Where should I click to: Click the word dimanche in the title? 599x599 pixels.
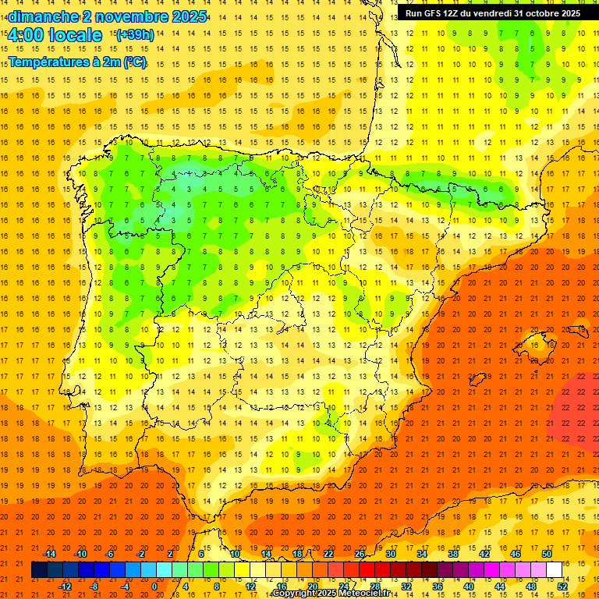(x=42, y=16)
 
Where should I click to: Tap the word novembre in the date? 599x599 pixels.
(x=131, y=16)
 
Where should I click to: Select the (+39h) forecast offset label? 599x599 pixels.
(x=134, y=35)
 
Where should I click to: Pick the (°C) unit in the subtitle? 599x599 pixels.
(x=134, y=62)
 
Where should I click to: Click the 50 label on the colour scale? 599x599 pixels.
(x=547, y=554)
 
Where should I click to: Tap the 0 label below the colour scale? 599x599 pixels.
(x=154, y=587)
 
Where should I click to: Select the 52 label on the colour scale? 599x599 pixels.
(x=562, y=587)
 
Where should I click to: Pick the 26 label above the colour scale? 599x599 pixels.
(x=360, y=554)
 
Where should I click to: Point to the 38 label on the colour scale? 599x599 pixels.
(x=453, y=554)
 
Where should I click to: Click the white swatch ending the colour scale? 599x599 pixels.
(x=554, y=570)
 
